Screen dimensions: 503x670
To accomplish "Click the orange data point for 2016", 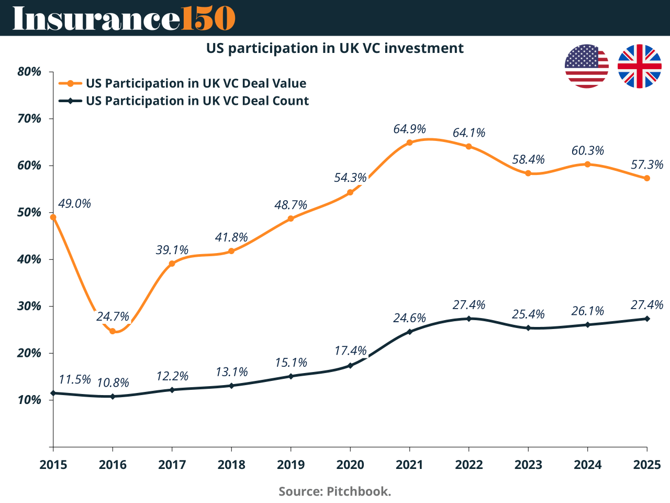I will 113,331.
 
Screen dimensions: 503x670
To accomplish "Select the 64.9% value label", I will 409,129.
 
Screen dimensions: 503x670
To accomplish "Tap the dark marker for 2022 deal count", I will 468,319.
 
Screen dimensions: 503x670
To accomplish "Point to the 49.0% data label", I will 74,203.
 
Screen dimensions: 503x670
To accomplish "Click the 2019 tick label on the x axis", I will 291,465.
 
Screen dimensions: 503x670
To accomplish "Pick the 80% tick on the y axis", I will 29,72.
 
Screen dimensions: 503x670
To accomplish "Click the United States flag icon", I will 587,67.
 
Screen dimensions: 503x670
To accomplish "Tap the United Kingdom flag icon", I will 639,67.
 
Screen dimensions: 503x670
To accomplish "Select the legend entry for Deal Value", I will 196,83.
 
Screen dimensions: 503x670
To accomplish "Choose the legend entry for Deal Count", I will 197,101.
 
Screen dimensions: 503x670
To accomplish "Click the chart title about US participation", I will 335,48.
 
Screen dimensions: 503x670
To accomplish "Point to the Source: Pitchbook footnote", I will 335,491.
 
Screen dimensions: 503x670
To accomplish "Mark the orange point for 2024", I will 587,165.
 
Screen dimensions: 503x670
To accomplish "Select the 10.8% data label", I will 113,382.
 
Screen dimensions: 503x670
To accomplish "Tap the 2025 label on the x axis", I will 647,465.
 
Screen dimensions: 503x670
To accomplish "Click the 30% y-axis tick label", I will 29,306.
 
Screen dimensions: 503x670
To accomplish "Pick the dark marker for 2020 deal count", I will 350,365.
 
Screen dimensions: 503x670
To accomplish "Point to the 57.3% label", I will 647,165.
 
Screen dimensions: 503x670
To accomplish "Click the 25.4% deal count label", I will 528,314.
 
